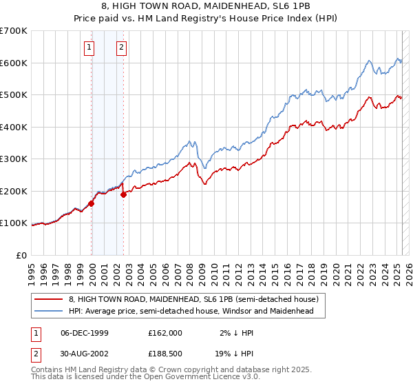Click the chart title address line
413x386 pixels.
tap(206, 6)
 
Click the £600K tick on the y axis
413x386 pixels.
tap(14, 63)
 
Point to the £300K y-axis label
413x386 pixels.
tap(14, 159)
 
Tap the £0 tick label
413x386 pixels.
tap(22, 255)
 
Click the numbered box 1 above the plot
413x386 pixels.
tap(90, 48)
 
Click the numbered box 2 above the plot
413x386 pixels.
tap(121, 48)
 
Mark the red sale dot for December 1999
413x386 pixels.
tap(92, 203)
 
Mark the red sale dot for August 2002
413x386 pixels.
tap(124, 194)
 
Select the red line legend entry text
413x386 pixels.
tap(193, 300)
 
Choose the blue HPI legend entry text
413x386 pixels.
tap(191, 311)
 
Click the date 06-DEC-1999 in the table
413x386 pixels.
tap(85, 333)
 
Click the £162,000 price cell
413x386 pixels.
tap(165, 333)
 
